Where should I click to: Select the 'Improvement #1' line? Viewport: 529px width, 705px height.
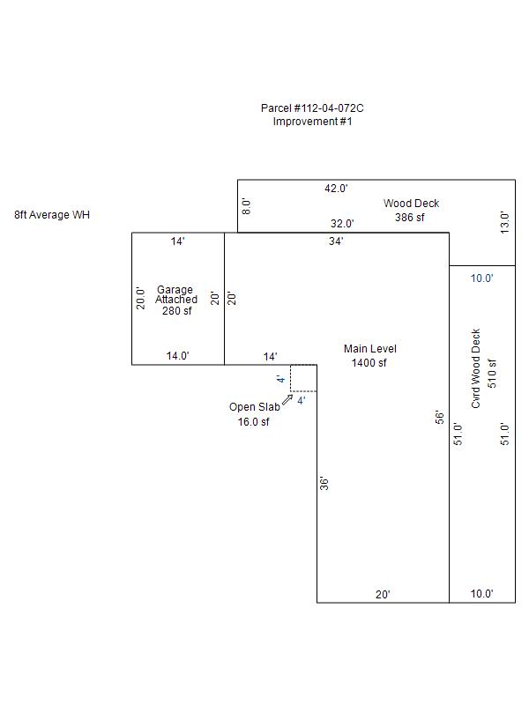[313, 122]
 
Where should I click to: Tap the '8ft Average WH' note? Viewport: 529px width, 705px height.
[52, 215]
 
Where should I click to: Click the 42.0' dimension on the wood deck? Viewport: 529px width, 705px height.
[336, 189]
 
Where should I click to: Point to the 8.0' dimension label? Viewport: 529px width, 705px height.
[246, 206]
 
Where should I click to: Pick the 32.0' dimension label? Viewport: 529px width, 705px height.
[342, 224]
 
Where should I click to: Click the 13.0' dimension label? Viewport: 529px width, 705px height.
[504, 223]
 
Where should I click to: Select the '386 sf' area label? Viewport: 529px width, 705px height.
[410, 218]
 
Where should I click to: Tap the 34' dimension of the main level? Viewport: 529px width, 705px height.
[336, 241]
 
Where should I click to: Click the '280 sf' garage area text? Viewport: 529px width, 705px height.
[177, 311]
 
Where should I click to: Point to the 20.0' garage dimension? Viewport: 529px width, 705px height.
[141, 299]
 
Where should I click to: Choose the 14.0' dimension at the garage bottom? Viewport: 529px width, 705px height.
[178, 356]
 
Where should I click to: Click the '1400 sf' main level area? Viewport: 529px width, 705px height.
[369, 363]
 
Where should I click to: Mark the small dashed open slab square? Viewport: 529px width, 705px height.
[303, 378]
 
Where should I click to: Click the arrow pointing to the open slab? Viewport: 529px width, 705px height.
[287, 399]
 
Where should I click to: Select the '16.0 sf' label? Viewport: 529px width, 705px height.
[254, 422]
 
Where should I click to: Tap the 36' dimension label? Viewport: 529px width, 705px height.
[324, 483]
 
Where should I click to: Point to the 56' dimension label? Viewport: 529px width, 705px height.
[439, 417]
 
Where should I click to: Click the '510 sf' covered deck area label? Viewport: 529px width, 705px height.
[492, 374]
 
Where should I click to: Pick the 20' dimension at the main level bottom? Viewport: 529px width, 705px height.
[383, 594]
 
